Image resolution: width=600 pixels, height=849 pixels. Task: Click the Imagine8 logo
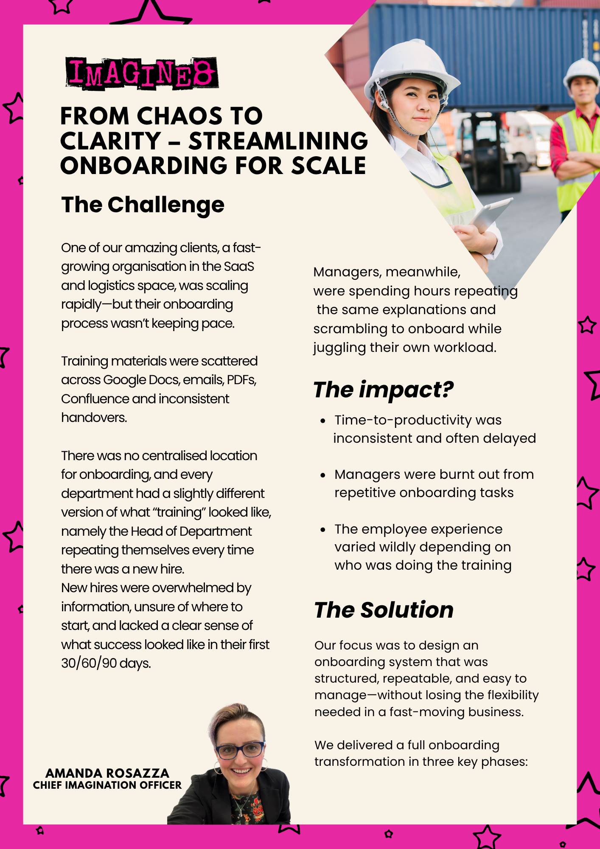pyautogui.click(x=142, y=73)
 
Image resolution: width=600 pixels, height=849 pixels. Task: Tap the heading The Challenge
pyautogui.click(x=143, y=205)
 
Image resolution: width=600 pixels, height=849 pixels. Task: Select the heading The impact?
pyautogui.click(x=383, y=390)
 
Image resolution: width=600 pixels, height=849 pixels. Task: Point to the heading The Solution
pyautogui.click(x=384, y=610)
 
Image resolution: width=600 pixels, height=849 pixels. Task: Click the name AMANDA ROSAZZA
pyautogui.click(x=107, y=773)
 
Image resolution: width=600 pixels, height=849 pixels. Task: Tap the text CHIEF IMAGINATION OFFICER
pyautogui.click(x=107, y=785)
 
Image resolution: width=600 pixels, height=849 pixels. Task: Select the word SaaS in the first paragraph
pyautogui.click(x=239, y=267)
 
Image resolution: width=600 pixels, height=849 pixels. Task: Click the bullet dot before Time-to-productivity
pyautogui.click(x=323, y=421)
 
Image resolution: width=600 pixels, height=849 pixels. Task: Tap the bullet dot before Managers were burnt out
pyautogui.click(x=323, y=475)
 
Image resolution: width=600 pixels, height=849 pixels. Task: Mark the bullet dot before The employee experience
pyautogui.click(x=323, y=530)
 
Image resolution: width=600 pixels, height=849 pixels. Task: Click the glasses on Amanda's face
pyautogui.click(x=240, y=750)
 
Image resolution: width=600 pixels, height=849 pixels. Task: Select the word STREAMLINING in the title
pyautogui.click(x=278, y=141)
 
